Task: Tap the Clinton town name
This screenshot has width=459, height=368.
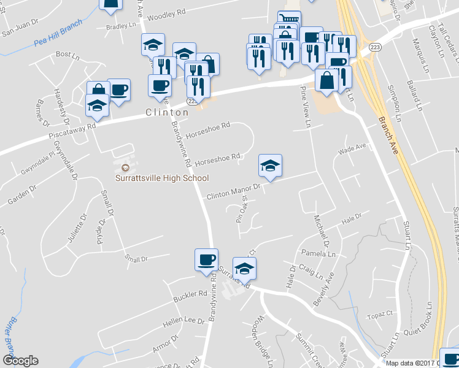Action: (x=167, y=113)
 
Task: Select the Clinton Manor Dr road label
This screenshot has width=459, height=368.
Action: (x=234, y=194)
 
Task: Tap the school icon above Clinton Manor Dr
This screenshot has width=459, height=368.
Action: (x=270, y=165)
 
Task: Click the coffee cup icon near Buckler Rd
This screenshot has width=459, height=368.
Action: (x=206, y=259)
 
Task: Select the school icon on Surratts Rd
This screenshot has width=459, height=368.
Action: (x=244, y=268)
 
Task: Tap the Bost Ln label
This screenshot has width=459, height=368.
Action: (x=64, y=55)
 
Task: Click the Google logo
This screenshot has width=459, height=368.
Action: (x=20, y=361)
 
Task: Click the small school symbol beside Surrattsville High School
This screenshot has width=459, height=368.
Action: (x=125, y=167)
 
